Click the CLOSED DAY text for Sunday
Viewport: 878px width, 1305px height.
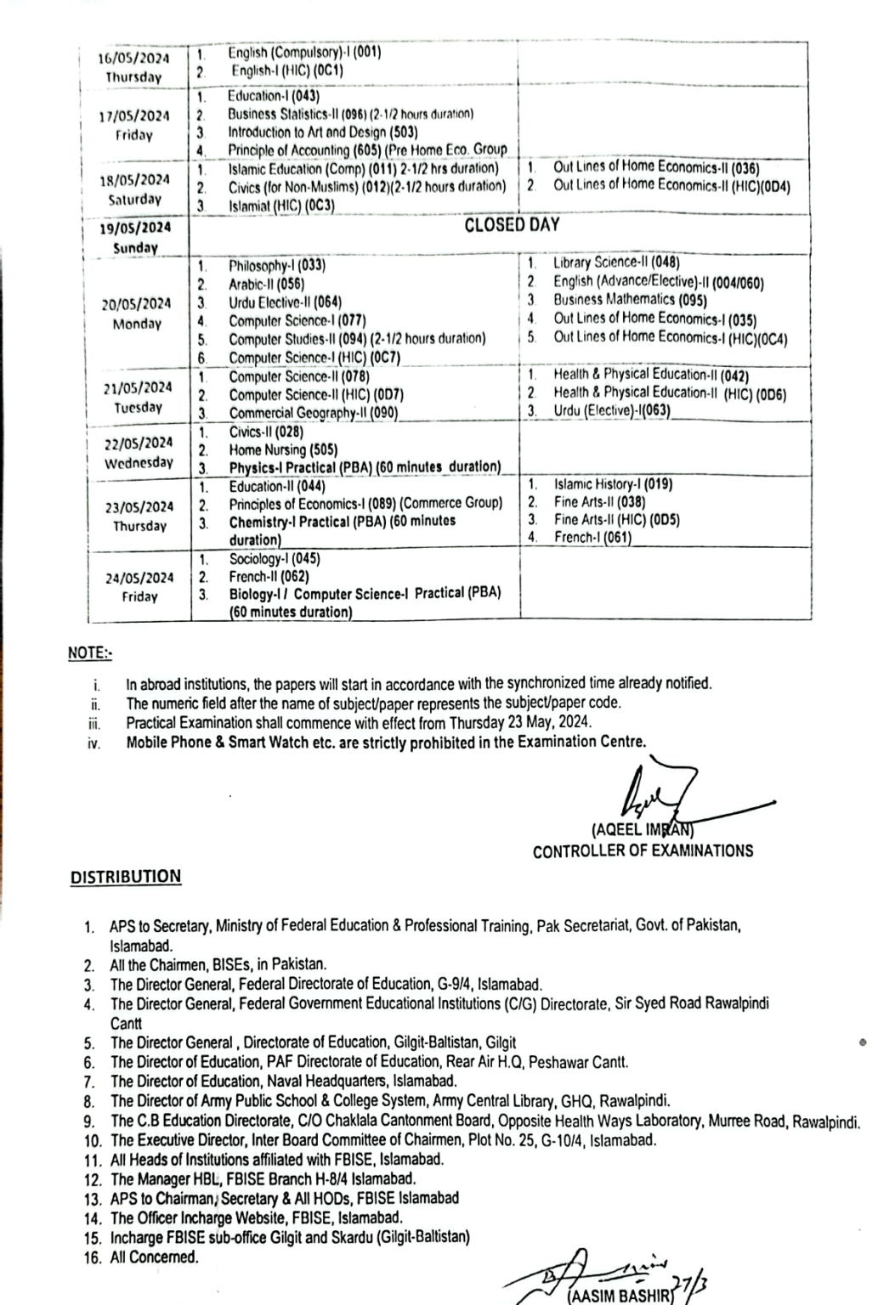click(x=512, y=225)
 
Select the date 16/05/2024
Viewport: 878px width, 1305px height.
click(x=133, y=59)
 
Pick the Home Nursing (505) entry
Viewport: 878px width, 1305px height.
click(x=271, y=449)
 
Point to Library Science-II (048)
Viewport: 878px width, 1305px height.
click(x=616, y=263)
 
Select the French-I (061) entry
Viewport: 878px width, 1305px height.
click(x=592, y=537)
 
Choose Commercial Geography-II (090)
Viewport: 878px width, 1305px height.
click(x=313, y=413)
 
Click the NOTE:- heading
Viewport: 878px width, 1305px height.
click(x=90, y=653)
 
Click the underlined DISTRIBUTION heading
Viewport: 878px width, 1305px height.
click(x=126, y=877)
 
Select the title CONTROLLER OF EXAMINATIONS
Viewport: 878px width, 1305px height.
click(x=643, y=850)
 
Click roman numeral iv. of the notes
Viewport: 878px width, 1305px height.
click(x=95, y=743)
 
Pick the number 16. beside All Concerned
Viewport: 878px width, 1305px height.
click(x=93, y=1257)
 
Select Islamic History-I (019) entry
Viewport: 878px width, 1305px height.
click(x=613, y=484)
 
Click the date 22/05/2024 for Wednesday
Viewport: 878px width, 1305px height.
click(x=139, y=443)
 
